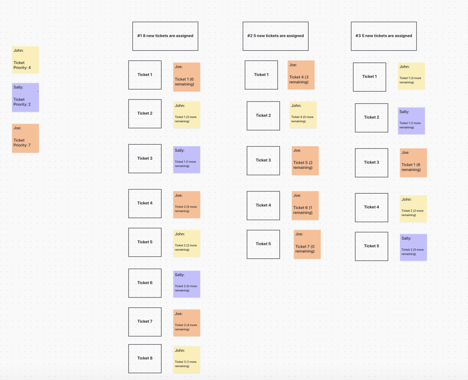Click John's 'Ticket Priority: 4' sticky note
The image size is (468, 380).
(25, 59)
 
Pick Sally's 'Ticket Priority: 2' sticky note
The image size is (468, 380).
(25, 97)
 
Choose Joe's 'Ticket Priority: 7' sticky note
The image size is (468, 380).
(25, 138)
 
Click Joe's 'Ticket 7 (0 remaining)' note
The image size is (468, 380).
(307, 244)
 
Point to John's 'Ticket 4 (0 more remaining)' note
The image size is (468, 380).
(303, 115)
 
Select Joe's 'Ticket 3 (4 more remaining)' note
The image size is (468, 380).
(186, 323)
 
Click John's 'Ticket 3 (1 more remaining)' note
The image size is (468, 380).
(186, 359)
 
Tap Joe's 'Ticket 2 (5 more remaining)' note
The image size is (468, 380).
(186, 205)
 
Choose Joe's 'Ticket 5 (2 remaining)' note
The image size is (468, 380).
(305, 161)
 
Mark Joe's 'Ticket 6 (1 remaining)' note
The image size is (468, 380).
(305, 206)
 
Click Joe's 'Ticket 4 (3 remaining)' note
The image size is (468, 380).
(301, 75)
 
